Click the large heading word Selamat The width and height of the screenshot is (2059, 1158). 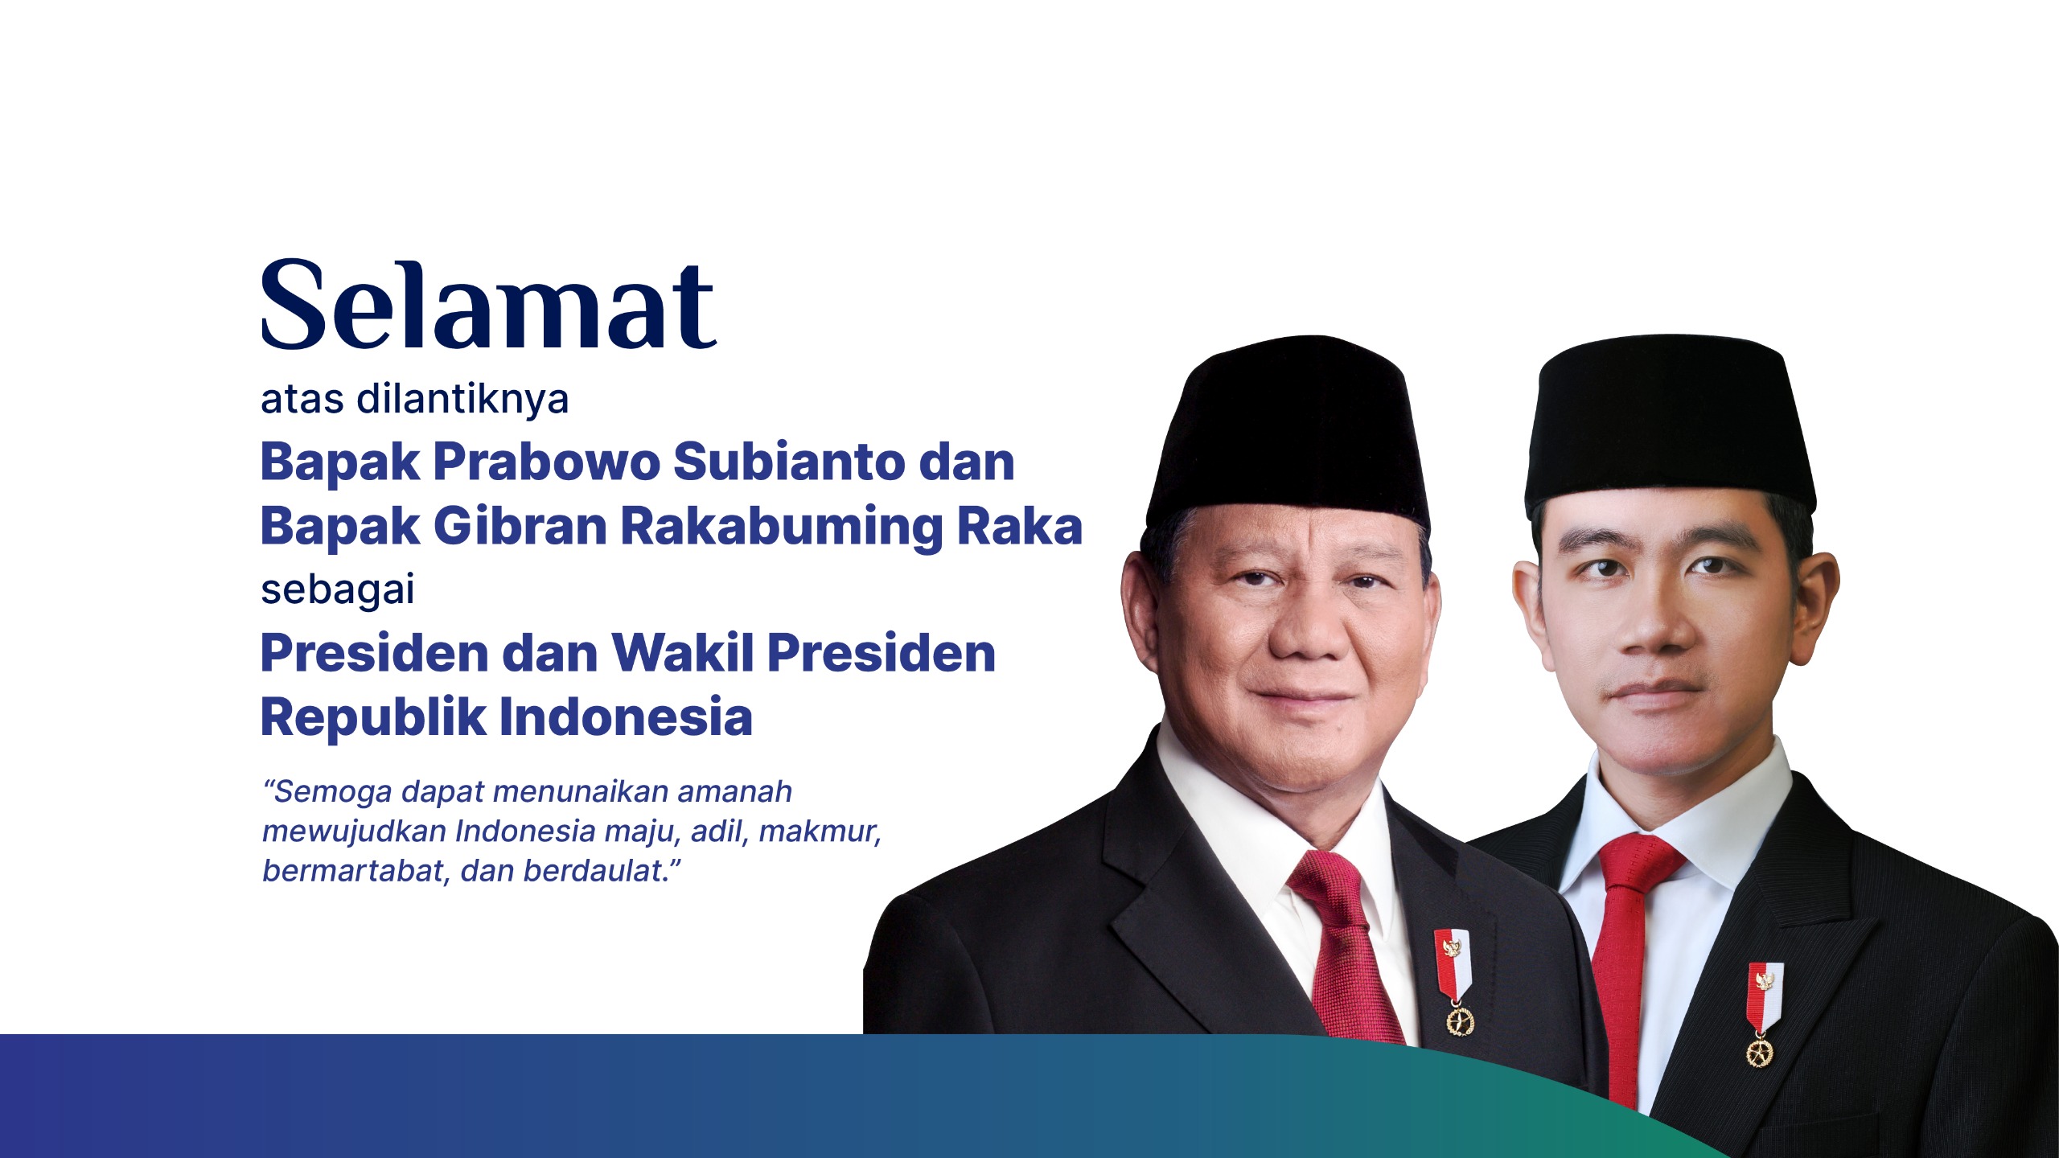pyautogui.click(x=488, y=305)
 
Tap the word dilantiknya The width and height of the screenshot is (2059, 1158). pyautogui.click(x=462, y=400)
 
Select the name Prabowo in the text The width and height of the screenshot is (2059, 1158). pyautogui.click(x=546, y=462)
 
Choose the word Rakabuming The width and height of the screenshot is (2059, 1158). pyautogui.click(x=781, y=528)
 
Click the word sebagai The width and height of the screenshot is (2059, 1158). pyautogui.click(x=338, y=590)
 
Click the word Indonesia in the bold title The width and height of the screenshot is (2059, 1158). pyautogui.click(x=626, y=717)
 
